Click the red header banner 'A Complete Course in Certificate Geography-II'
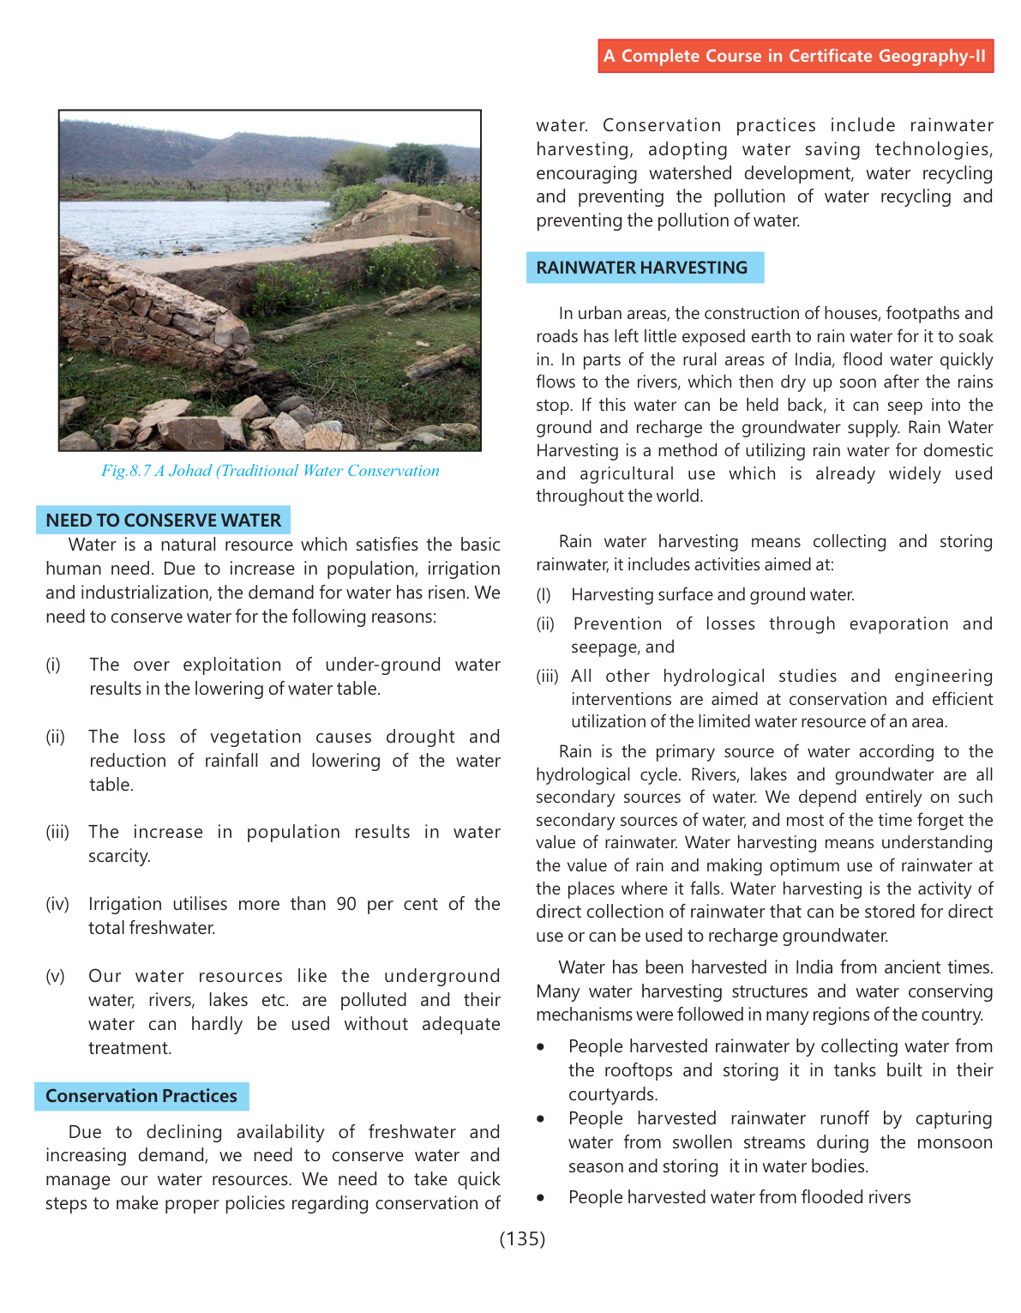795,56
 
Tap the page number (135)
522,1238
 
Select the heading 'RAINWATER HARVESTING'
641,268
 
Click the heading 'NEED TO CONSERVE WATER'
163,521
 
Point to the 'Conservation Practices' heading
141,1096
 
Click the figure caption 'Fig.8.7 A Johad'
269,471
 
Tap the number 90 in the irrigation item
345,904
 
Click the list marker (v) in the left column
55,976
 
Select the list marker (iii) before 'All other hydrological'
548,677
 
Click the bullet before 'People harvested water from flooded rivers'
540,1198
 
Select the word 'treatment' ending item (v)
129,1048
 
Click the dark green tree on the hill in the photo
417,163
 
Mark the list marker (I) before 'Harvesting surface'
544,595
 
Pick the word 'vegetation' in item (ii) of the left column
255,737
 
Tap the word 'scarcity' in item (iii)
118,856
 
